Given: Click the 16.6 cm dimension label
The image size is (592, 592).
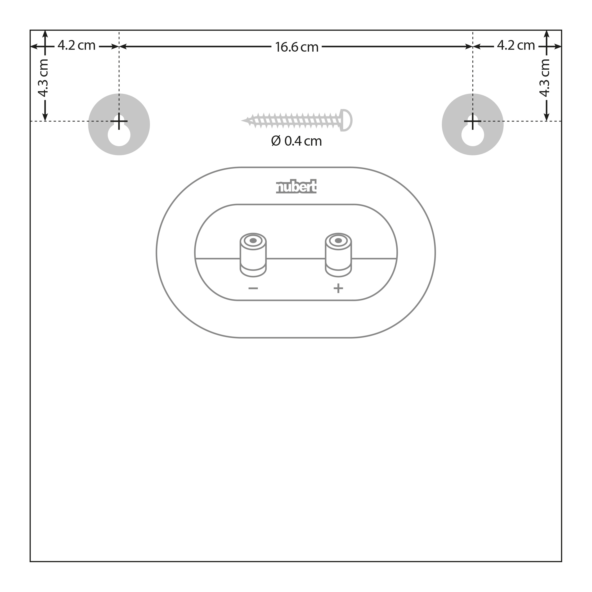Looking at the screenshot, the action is click(x=297, y=47).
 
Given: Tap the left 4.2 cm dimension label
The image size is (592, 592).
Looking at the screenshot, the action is click(x=76, y=45).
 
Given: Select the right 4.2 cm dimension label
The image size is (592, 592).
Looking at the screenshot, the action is click(x=516, y=45).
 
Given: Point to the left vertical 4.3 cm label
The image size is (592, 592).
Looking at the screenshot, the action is click(x=43, y=78).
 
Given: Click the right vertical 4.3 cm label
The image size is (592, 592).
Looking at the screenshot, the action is click(x=545, y=78).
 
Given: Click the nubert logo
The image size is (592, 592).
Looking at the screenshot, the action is click(x=296, y=186).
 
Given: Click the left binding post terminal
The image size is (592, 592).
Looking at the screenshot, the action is click(x=253, y=255).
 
